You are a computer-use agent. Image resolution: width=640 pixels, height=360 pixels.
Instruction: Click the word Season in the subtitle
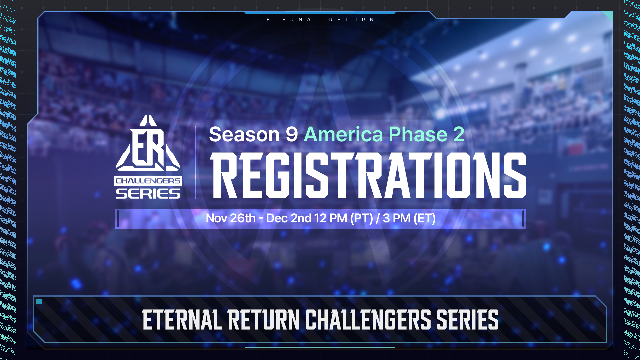click(x=244, y=134)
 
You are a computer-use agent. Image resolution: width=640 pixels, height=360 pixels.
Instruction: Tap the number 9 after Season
click(x=292, y=134)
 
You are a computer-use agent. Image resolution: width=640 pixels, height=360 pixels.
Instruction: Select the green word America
click(x=343, y=134)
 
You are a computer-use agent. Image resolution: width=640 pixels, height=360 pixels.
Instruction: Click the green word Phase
click(x=418, y=134)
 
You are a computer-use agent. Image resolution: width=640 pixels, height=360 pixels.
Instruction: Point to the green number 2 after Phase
click(x=459, y=134)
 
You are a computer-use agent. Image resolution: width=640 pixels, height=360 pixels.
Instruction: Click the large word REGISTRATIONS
click(x=368, y=175)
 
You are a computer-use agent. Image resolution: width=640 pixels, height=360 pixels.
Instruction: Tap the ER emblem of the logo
click(x=148, y=143)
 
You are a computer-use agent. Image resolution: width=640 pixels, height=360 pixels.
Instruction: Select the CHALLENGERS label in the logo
click(x=148, y=181)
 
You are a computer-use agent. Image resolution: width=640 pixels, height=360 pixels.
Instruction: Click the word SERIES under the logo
click(x=148, y=194)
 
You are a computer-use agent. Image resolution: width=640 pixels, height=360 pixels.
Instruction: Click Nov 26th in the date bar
click(x=231, y=218)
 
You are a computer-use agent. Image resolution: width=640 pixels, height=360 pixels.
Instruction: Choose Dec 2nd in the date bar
click(x=289, y=218)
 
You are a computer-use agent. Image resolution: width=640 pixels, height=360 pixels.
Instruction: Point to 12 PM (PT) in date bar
click(x=344, y=218)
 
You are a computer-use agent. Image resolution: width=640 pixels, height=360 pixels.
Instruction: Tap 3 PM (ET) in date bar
click(x=409, y=218)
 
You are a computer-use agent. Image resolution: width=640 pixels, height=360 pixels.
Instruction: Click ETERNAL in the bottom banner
click(x=182, y=320)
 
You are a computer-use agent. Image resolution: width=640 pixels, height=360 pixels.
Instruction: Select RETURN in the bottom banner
click(x=264, y=320)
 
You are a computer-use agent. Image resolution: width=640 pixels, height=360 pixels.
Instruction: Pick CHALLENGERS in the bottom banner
click(x=368, y=320)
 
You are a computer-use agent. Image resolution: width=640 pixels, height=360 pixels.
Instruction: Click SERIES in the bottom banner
click(x=467, y=320)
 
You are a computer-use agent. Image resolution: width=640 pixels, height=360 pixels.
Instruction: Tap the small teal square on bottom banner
click(x=39, y=301)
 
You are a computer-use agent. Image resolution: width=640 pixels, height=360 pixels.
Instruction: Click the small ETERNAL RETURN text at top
click(x=321, y=20)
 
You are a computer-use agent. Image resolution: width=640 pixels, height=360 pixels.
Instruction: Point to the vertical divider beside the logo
click(x=196, y=162)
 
